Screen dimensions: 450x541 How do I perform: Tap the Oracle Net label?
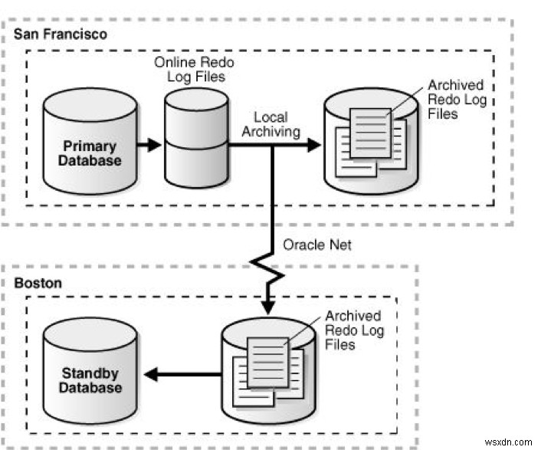click(315, 245)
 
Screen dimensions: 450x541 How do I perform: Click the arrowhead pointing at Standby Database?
click(154, 374)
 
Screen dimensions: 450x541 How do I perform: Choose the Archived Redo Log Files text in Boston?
click(352, 330)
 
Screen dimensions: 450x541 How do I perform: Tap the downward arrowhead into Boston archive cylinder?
click(269, 306)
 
